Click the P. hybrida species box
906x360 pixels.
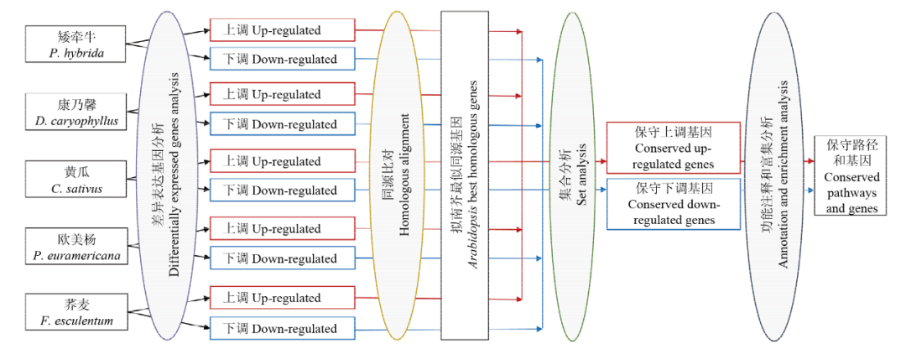75,44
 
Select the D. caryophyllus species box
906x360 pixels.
75,112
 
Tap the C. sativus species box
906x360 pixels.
75,179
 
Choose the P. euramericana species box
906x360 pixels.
75,247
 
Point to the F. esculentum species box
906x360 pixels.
75,312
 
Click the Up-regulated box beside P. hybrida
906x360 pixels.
281,30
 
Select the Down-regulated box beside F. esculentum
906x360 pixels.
281,329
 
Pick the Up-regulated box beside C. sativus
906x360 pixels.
281,160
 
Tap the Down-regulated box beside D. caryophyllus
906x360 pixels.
281,124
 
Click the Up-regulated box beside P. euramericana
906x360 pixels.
281,229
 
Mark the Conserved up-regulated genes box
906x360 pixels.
673,148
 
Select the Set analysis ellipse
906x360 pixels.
571,176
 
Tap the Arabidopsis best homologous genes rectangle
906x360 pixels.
465,175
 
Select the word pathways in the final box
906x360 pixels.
851,192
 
